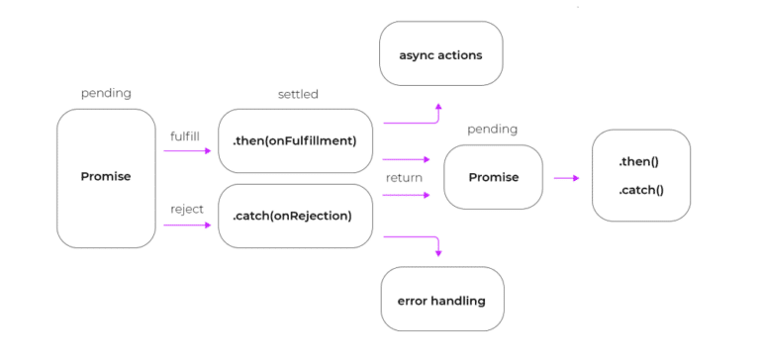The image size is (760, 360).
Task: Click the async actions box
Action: tap(441, 54)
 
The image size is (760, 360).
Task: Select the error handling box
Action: tap(441, 300)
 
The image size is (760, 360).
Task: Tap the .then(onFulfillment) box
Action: tap(294, 140)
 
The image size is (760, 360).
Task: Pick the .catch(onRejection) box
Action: tap(294, 216)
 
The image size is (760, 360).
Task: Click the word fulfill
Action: tap(186, 135)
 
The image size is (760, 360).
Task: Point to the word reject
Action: tap(186, 209)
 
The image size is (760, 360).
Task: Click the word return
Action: tap(404, 178)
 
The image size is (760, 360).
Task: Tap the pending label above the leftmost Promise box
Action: tap(106, 94)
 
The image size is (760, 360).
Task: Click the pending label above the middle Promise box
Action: tap(493, 130)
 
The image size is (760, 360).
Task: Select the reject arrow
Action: tap(188, 225)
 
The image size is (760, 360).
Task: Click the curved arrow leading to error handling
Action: tap(416, 237)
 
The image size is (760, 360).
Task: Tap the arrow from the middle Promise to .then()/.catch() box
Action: tap(566, 178)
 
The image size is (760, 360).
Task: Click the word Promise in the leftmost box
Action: tap(106, 177)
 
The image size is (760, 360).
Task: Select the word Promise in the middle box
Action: tap(493, 178)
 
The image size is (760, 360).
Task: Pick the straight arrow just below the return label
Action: tap(406, 195)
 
